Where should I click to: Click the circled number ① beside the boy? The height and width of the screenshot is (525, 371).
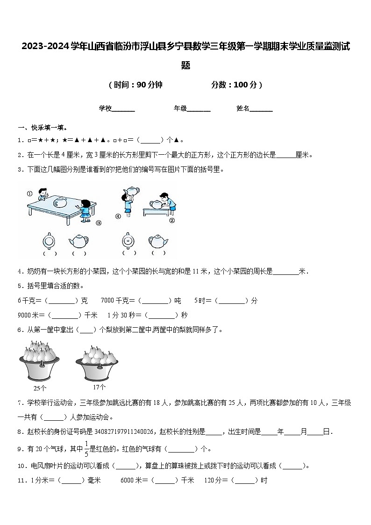tap(29, 194)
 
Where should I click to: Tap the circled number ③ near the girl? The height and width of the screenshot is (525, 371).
tap(99, 223)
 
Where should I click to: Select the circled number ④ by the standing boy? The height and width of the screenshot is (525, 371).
tap(119, 216)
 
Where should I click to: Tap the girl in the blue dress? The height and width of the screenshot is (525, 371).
tap(85, 210)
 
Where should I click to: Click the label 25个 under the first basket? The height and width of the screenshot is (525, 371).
tap(40, 388)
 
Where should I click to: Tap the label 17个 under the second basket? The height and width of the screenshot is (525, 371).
tap(99, 387)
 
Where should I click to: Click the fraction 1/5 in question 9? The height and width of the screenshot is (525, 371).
tap(86, 448)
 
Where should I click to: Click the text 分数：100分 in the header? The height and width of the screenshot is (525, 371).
tap(236, 85)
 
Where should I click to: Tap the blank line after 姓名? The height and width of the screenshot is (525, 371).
tap(261, 109)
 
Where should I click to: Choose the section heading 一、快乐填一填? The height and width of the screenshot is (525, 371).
tap(43, 128)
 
